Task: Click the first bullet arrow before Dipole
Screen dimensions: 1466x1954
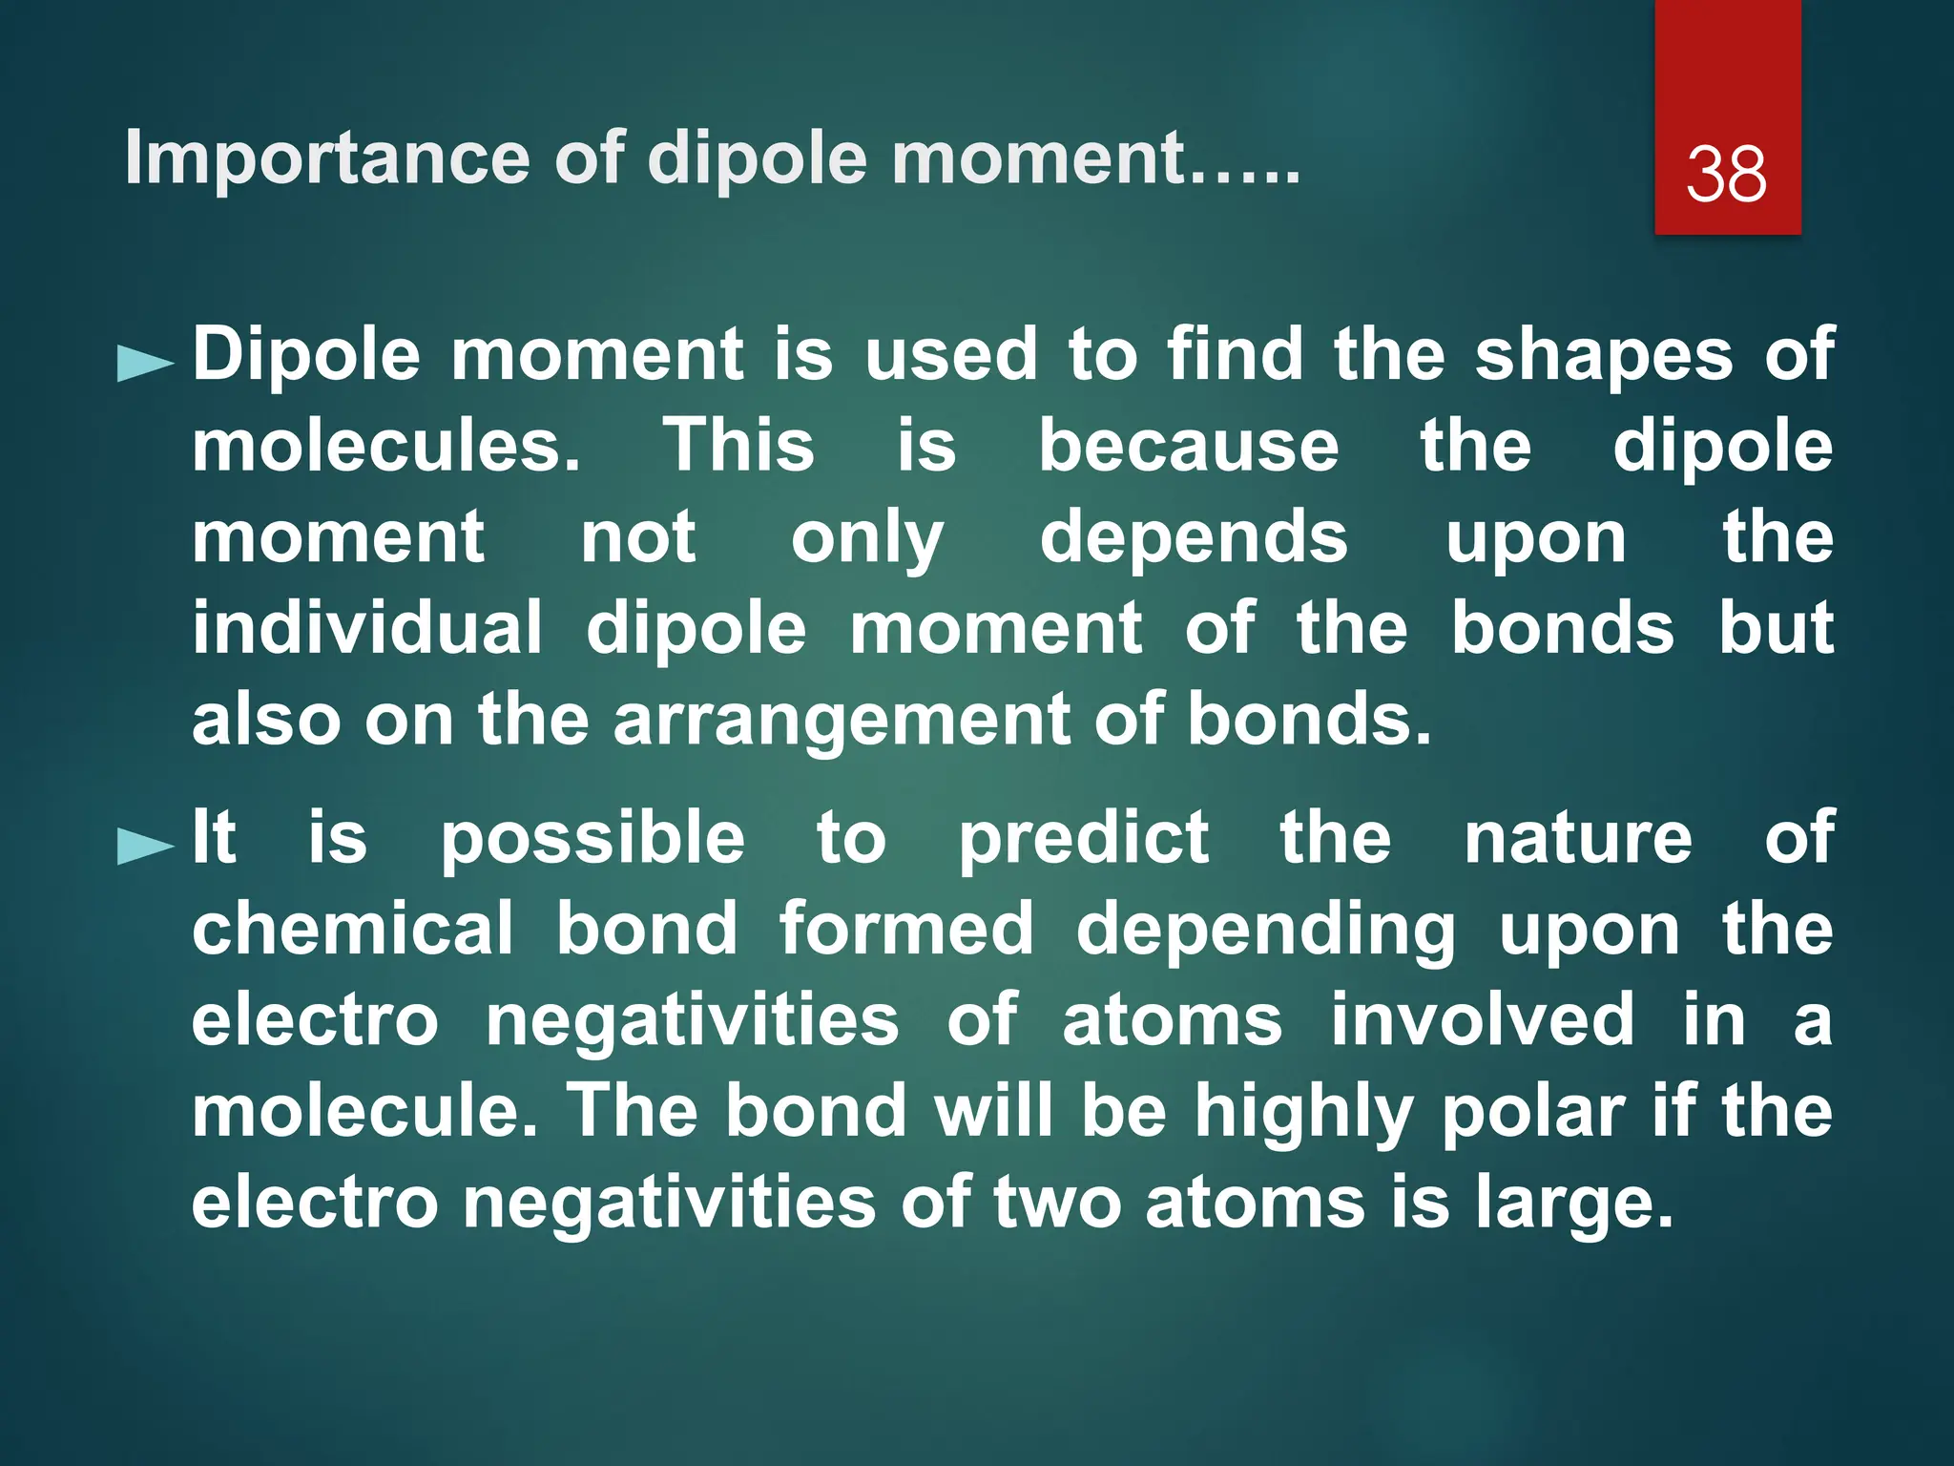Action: (145, 364)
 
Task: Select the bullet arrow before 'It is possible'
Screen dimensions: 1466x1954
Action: (145, 846)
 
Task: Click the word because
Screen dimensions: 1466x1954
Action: (1188, 446)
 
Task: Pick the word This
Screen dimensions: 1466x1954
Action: (738, 446)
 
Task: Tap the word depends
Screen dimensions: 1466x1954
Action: (1194, 537)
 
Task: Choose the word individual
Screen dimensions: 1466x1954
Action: (367, 628)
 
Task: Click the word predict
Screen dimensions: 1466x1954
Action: (1084, 838)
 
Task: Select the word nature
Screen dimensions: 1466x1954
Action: (1578, 838)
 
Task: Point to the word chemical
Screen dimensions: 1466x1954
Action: (352, 929)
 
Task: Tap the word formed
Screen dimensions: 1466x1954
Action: (906, 929)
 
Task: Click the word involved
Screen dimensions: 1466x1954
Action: (1483, 1019)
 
